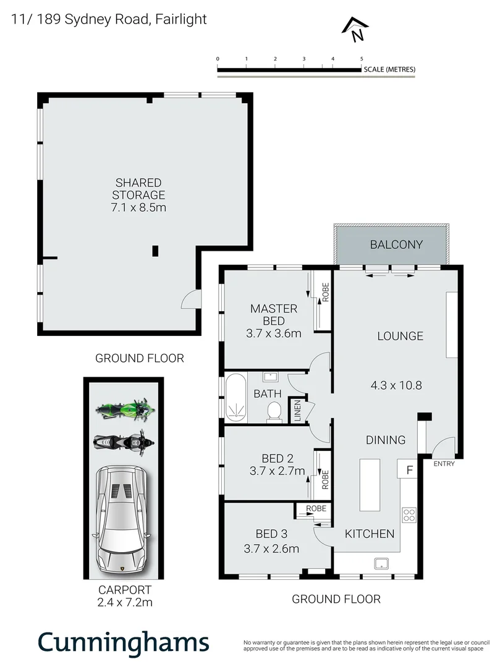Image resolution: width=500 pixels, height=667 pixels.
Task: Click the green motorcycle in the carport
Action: point(124,409)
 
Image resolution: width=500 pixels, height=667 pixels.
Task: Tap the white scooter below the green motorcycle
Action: point(122,443)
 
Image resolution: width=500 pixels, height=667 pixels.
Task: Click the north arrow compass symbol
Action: point(356,30)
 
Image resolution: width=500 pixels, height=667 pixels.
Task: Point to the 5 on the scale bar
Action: point(362,59)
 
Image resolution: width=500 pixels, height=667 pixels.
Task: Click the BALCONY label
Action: point(396,245)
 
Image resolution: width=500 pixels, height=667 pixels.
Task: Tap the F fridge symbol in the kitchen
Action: point(408,469)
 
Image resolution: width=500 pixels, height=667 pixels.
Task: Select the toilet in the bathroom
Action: point(273,411)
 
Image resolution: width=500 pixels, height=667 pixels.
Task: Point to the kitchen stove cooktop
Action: point(409,514)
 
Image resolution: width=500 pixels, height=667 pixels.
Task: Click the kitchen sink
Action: point(381,563)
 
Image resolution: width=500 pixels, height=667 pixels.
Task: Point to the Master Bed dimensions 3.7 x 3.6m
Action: point(273,334)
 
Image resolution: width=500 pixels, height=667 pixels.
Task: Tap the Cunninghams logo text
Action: point(124,642)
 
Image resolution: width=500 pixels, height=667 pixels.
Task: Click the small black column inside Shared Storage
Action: point(155,250)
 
